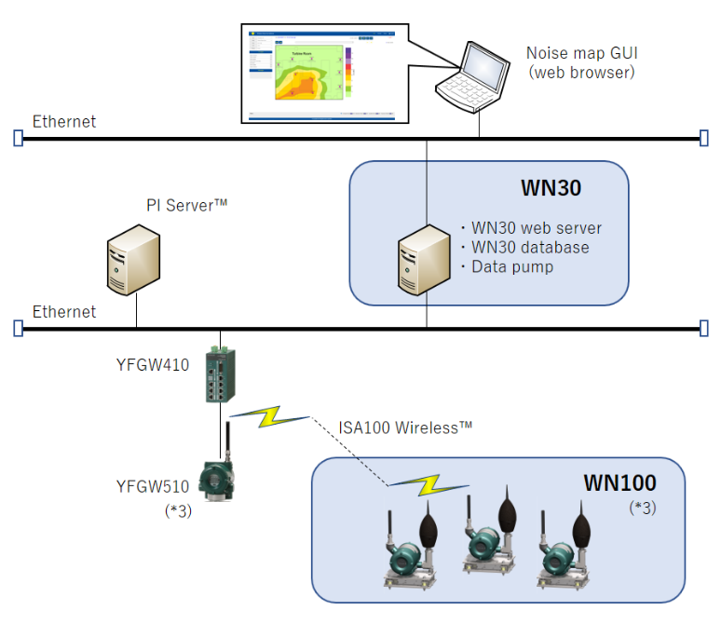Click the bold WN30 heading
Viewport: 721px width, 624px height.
point(550,188)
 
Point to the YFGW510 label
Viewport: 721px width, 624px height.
point(153,485)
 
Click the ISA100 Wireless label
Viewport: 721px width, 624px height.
point(405,427)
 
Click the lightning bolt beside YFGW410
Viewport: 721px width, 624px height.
point(268,416)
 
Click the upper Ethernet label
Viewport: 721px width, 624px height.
point(64,122)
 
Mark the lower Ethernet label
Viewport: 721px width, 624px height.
point(64,312)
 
